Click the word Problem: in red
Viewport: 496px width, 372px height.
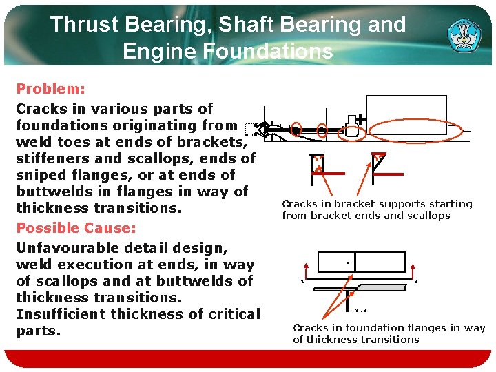[x=50, y=90]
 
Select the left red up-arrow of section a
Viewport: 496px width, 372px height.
[x=306, y=270]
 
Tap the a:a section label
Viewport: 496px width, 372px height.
[x=361, y=311]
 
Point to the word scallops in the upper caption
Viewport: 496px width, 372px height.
[x=427, y=216]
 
